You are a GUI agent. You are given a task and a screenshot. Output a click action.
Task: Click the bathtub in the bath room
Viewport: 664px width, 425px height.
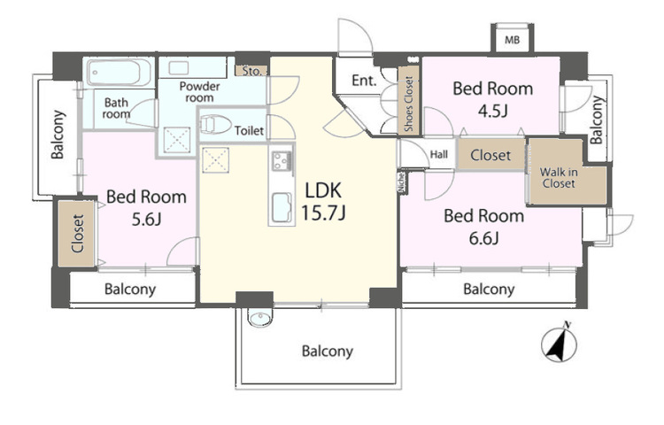(119, 73)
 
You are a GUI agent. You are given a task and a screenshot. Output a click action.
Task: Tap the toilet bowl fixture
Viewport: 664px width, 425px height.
(215, 125)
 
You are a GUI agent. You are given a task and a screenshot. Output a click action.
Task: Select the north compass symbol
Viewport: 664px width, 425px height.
(559, 343)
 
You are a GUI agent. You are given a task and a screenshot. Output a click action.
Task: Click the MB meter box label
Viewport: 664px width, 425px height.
(512, 41)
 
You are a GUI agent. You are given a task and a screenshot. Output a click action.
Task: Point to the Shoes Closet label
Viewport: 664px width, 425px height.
(409, 104)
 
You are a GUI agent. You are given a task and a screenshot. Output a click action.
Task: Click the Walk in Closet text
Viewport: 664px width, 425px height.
(559, 178)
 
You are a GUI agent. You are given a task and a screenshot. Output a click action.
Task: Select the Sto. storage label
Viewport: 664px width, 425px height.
(252, 71)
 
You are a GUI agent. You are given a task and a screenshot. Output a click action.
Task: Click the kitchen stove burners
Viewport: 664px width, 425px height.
(282, 160)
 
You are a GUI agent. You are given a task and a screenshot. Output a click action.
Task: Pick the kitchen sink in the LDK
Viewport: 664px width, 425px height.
(282, 207)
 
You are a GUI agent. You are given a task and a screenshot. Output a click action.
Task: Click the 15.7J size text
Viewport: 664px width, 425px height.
(323, 212)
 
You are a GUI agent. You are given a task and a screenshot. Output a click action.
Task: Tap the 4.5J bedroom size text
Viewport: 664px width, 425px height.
(492, 111)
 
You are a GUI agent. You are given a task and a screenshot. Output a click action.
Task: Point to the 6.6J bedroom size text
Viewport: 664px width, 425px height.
(483, 238)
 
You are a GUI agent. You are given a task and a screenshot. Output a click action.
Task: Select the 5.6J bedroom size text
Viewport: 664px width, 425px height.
(146, 220)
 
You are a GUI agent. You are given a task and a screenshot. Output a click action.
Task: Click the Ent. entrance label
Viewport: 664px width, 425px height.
(364, 81)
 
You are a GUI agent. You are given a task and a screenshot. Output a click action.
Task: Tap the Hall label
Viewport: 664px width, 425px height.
(439, 155)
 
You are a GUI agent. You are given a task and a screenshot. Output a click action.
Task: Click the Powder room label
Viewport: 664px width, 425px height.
(199, 92)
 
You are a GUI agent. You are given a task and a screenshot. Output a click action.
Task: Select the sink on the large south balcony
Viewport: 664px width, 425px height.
(260, 319)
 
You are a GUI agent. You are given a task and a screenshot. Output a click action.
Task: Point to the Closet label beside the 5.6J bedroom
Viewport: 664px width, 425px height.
(78, 234)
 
